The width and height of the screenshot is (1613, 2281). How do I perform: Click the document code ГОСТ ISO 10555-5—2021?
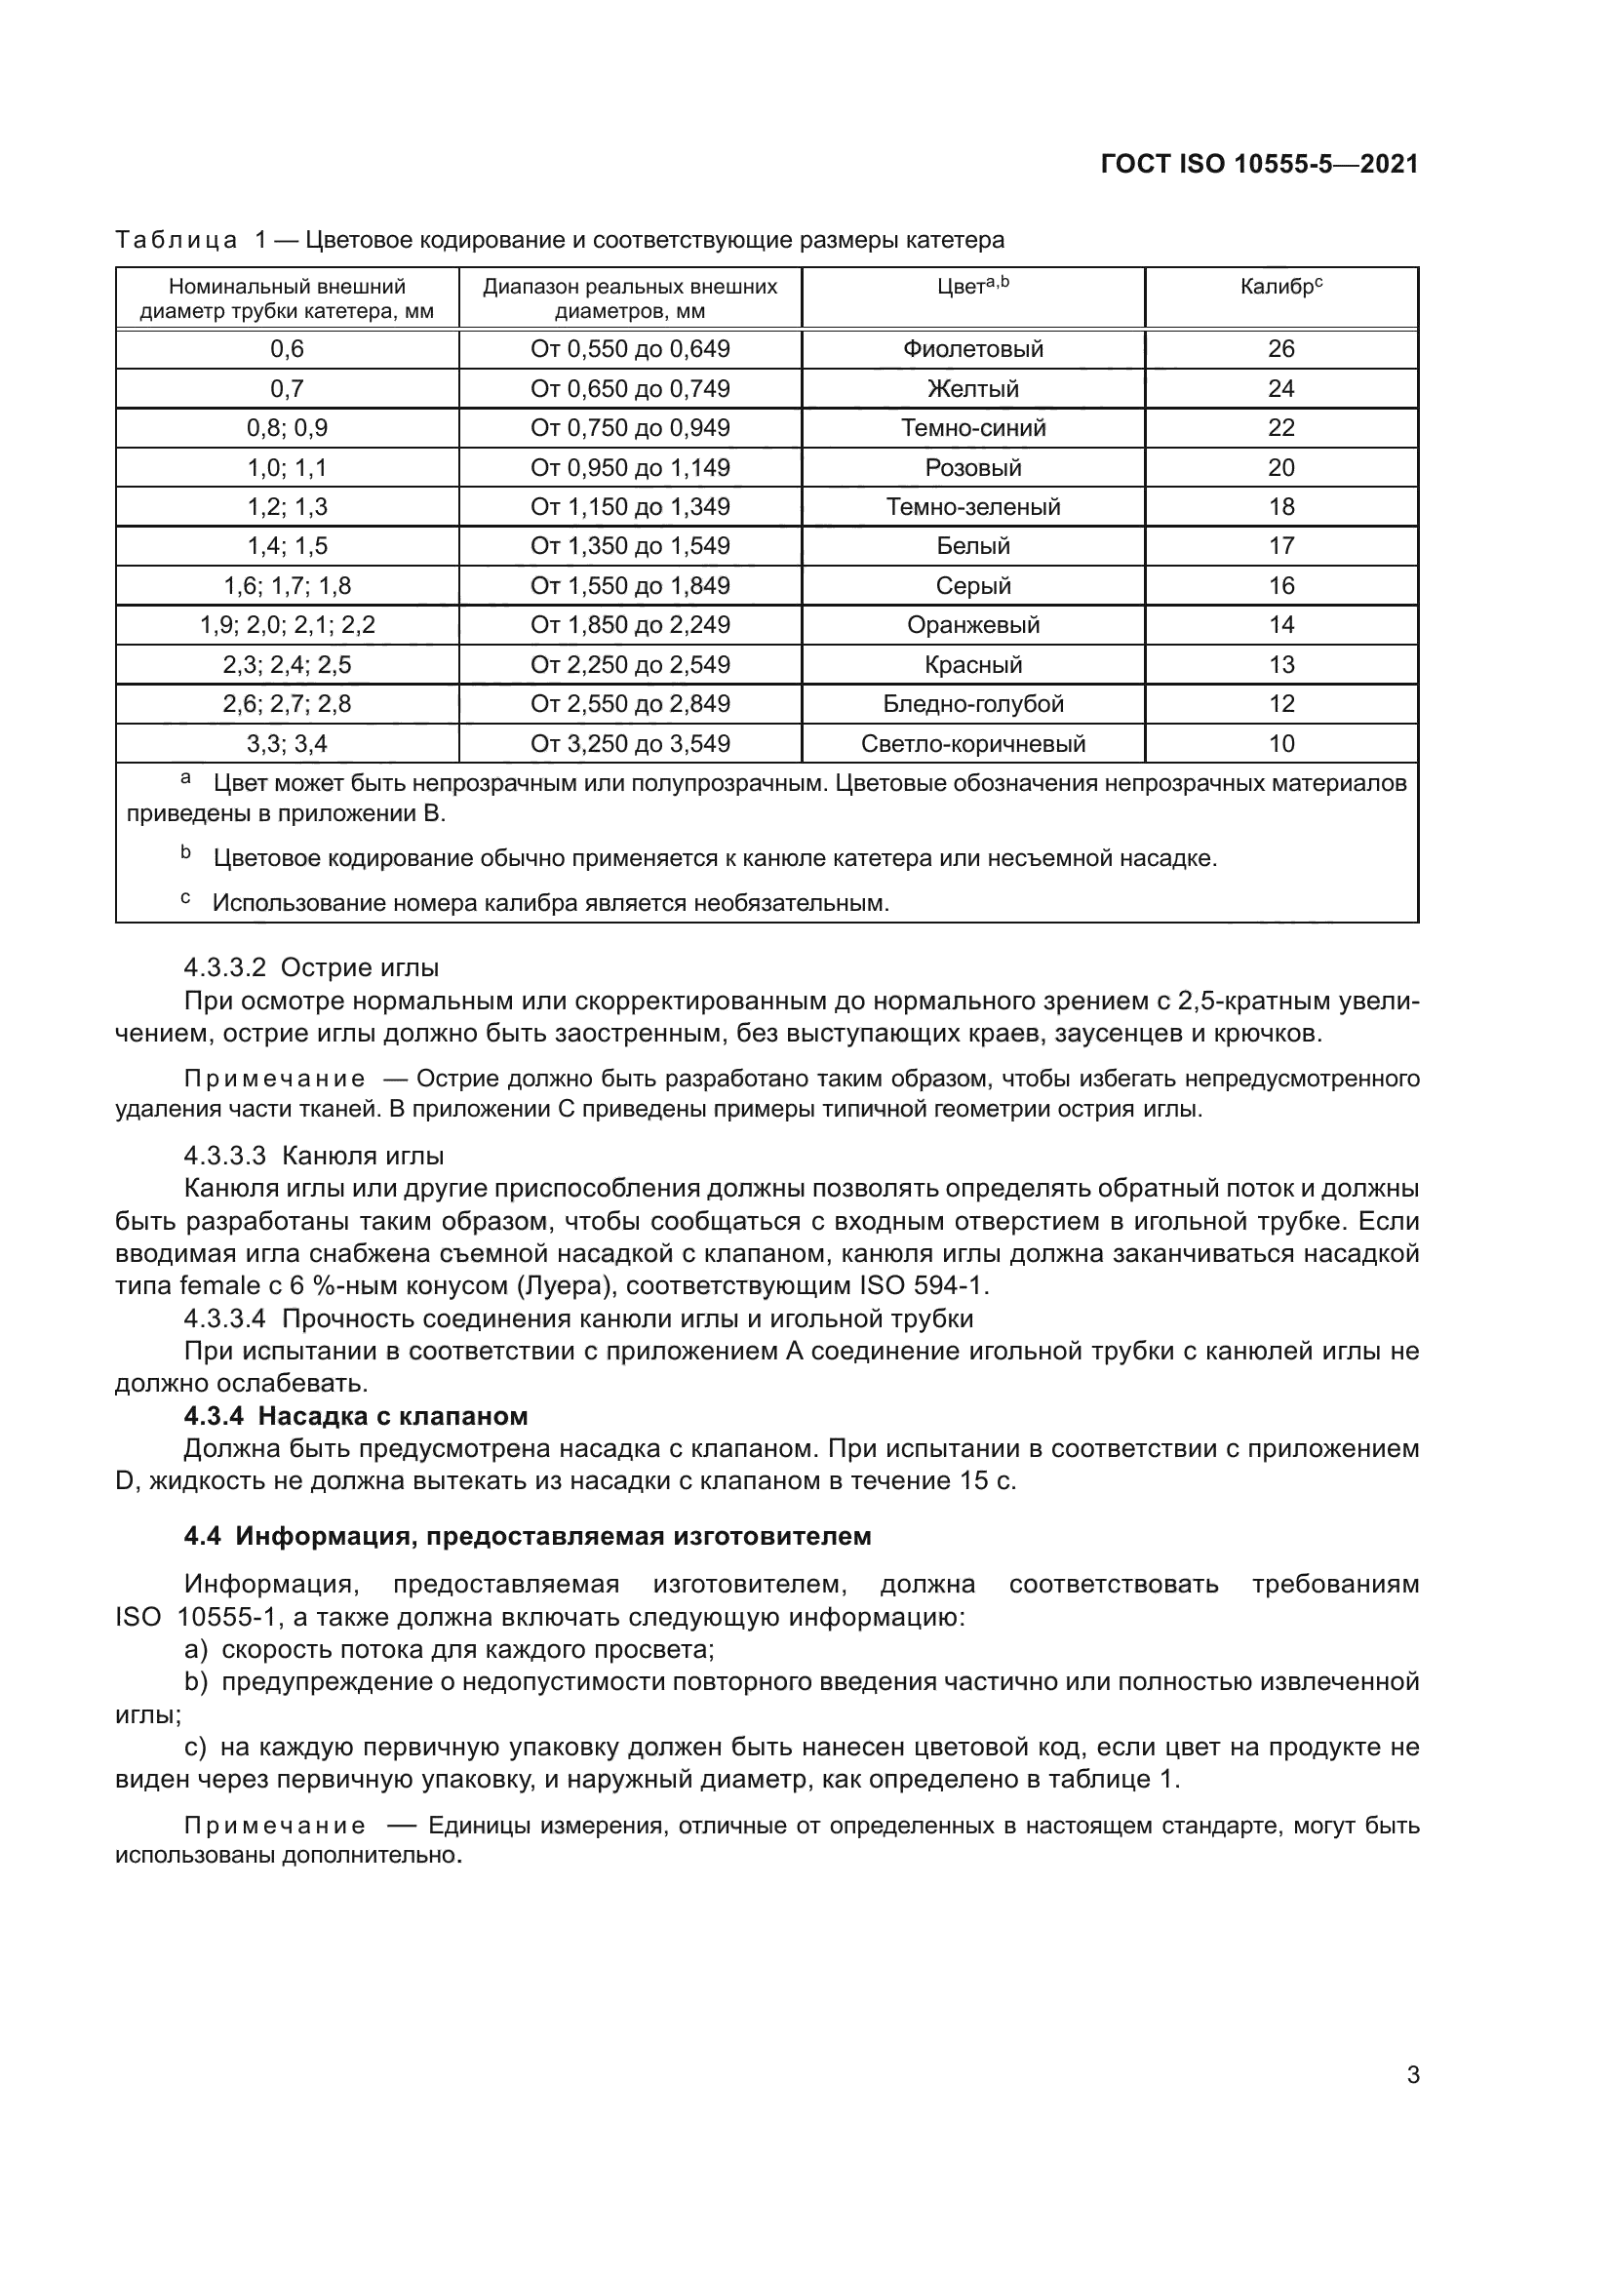coord(1258,164)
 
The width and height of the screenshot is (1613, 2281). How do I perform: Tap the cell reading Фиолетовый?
coord(972,349)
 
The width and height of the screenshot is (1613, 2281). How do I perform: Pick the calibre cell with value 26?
coord(1280,349)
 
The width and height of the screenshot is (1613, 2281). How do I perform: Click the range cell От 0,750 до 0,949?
coord(630,428)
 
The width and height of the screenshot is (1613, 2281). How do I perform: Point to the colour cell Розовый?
coord(972,467)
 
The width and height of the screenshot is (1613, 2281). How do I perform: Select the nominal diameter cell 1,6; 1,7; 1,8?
coord(287,585)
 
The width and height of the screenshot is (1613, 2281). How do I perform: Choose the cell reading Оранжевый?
coord(972,625)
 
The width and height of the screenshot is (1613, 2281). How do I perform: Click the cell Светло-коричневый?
coord(972,743)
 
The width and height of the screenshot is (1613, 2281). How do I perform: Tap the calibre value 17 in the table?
coord(1280,545)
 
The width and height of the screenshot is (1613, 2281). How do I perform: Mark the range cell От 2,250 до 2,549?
coord(630,665)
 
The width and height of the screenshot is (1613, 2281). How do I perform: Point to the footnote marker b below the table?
coord(184,852)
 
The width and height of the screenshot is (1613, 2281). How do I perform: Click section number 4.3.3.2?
coord(224,967)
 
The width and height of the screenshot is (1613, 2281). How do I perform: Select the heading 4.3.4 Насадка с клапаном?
coord(356,1416)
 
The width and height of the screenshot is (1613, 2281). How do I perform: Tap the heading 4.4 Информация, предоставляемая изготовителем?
coord(527,1536)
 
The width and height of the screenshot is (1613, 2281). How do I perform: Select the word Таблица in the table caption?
coord(176,241)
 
